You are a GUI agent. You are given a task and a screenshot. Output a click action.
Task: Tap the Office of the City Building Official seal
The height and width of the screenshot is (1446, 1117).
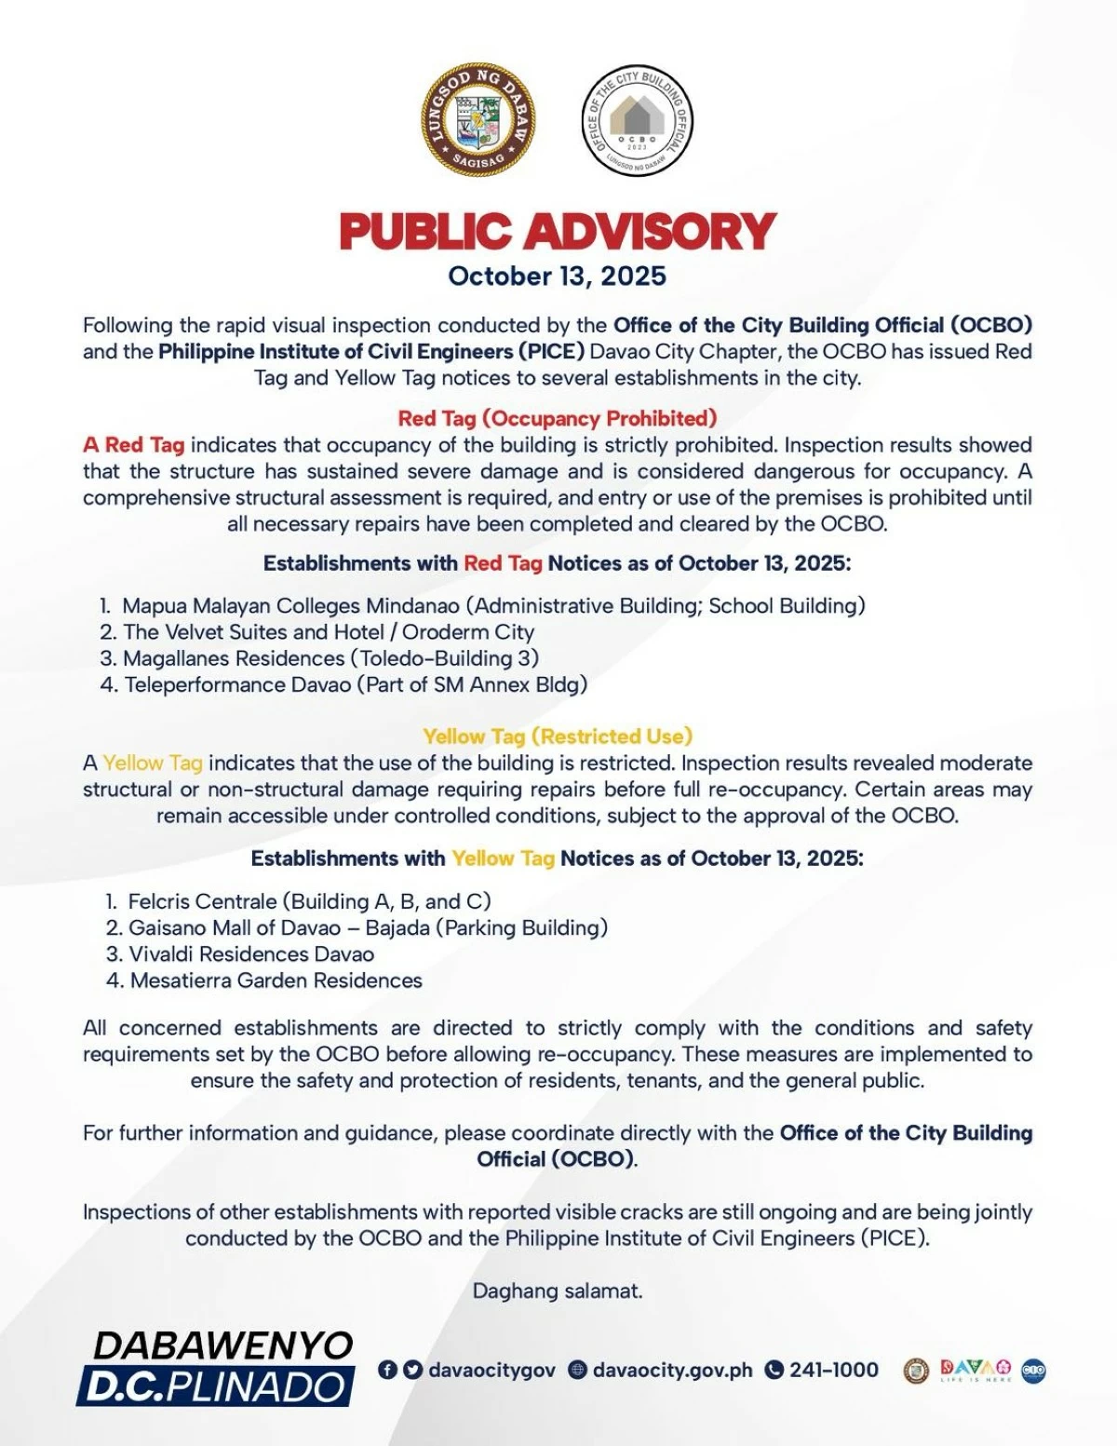click(638, 122)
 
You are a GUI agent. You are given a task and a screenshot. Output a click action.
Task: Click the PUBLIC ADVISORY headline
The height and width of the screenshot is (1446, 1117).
click(557, 231)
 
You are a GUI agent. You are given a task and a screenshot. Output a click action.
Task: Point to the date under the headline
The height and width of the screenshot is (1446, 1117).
click(557, 277)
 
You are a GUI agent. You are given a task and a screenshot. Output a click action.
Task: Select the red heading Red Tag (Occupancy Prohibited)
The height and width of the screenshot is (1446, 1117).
click(557, 418)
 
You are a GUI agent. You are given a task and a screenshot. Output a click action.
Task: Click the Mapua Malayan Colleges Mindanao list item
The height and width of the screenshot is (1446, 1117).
click(493, 606)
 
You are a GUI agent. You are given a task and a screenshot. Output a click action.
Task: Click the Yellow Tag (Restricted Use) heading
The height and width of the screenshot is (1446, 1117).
click(557, 737)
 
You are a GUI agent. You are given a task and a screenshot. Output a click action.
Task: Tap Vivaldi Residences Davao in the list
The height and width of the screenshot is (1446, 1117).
click(251, 954)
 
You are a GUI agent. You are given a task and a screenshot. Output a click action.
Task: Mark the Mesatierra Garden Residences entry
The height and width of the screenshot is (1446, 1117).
click(276, 980)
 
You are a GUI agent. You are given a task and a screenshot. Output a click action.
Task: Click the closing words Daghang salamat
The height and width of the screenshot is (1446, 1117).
click(557, 1291)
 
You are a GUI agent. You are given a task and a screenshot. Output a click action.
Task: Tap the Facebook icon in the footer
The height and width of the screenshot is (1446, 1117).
click(387, 1370)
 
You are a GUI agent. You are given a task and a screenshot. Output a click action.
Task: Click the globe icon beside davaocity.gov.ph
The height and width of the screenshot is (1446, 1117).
click(578, 1370)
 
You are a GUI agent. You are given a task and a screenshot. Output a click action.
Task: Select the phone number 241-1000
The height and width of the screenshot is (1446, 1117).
click(833, 1370)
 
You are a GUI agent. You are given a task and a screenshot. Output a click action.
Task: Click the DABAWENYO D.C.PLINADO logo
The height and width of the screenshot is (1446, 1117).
click(216, 1367)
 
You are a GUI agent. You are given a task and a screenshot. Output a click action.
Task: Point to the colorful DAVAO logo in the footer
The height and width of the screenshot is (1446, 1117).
click(975, 1369)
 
